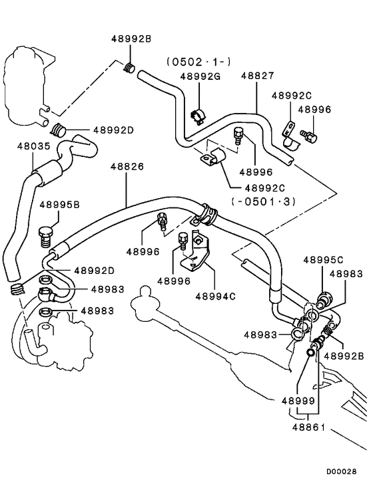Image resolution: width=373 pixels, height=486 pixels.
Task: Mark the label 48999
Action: pyautogui.click(x=298, y=401)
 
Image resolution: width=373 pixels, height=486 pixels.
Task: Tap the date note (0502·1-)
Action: pyautogui.click(x=198, y=62)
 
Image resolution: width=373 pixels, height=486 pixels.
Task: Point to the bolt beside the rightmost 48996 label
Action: pyautogui.click(x=308, y=136)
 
